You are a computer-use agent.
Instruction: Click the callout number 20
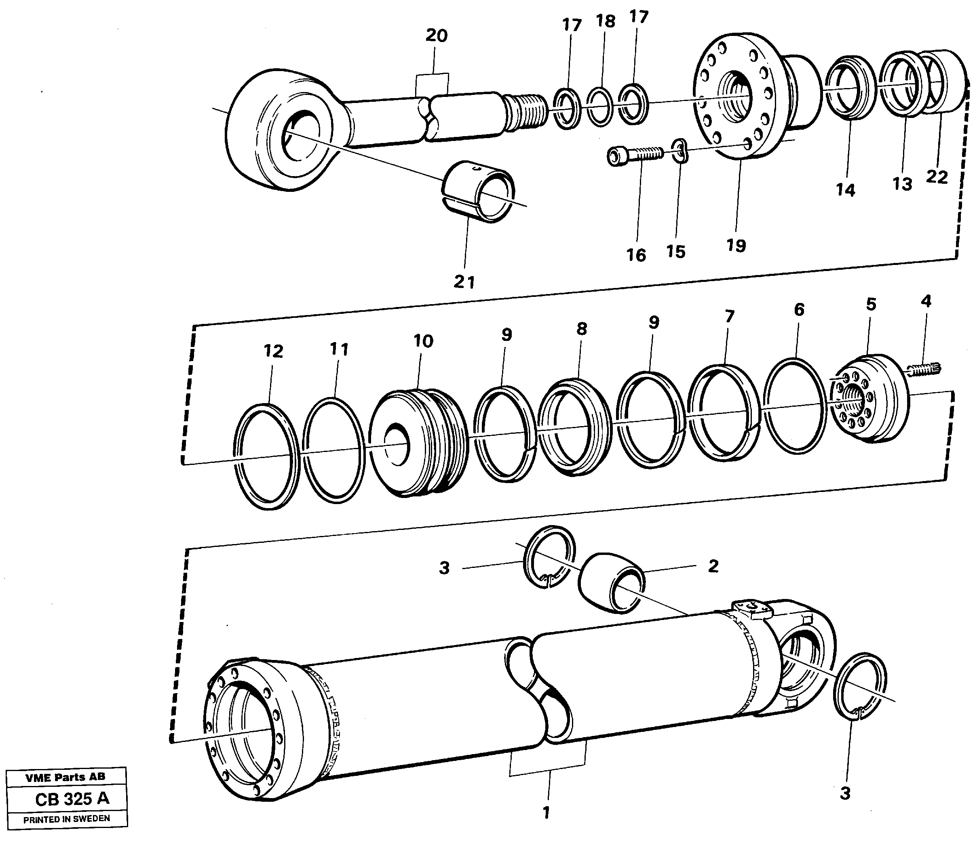click(x=436, y=36)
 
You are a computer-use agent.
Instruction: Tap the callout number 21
click(x=464, y=282)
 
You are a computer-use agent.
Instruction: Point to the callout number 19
click(x=736, y=246)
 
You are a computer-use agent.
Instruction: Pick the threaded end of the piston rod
click(x=526, y=115)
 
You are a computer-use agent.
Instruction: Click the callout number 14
click(x=845, y=191)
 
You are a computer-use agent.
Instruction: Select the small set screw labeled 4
click(x=924, y=369)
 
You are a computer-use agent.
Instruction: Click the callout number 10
click(x=423, y=341)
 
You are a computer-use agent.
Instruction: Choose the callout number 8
click(x=582, y=329)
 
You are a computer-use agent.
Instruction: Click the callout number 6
click(x=799, y=310)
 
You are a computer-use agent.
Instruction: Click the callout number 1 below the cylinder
click(x=546, y=813)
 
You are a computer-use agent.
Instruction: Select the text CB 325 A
click(x=72, y=799)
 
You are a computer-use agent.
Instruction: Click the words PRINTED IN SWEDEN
click(x=66, y=819)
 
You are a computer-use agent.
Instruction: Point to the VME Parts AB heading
click(x=65, y=777)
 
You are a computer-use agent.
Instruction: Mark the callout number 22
click(x=937, y=178)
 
